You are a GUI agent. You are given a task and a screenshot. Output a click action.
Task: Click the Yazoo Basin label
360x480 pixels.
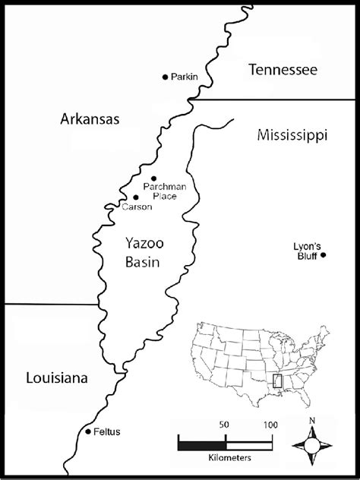145,253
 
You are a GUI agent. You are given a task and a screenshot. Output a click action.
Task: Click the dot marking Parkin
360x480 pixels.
165,77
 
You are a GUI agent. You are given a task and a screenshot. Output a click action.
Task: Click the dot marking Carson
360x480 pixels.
135,197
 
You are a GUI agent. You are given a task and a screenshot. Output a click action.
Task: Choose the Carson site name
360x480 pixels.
136,206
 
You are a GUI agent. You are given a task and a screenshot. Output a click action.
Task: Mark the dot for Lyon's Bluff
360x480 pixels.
323,255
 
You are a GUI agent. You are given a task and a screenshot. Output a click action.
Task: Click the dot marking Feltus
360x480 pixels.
87,431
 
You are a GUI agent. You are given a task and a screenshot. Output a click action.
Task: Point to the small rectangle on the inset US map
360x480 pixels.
278,381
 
